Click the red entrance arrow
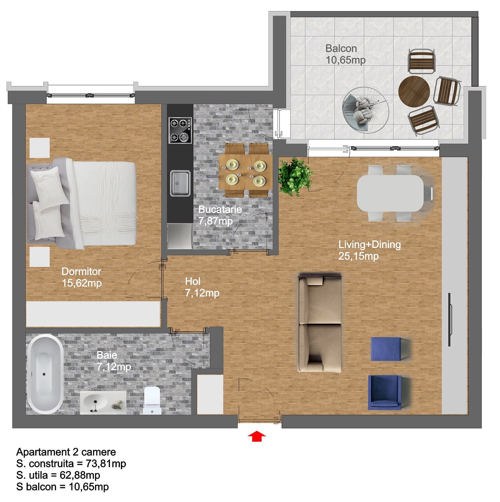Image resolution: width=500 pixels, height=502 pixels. point(257,436)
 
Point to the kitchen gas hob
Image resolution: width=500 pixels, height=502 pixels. point(180,130)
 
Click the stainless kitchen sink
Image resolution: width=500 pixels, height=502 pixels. point(180,183)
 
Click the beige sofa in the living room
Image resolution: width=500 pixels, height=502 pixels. point(320,323)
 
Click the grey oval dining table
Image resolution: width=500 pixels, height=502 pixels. point(390,193)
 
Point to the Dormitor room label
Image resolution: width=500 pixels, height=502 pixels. point(81,271)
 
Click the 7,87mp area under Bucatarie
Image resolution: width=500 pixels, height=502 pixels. point(215,221)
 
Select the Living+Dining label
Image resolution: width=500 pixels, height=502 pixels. point(369,245)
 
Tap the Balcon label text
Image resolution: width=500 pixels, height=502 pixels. point(341,49)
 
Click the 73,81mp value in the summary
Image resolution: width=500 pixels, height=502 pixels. point(106,464)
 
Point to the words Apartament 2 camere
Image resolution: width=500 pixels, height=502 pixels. point(66,452)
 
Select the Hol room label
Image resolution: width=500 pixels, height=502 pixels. point(193,281)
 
